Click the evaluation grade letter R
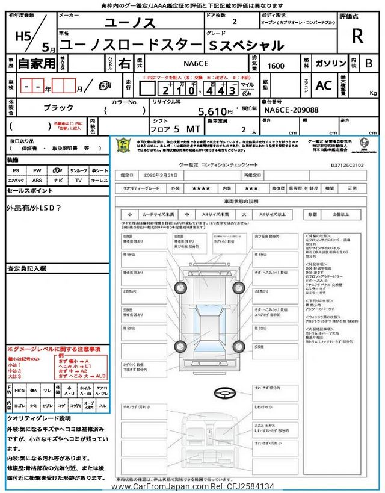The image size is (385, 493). coord(357,37)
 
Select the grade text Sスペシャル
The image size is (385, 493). coord(247,45)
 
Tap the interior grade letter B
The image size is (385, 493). coord(369,63)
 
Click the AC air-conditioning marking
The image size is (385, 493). coord(324,85)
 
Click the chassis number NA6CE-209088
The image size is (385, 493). coord(292,111)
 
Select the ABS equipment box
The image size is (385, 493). coord(37,180)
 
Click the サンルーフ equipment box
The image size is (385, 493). coord(78,170)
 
